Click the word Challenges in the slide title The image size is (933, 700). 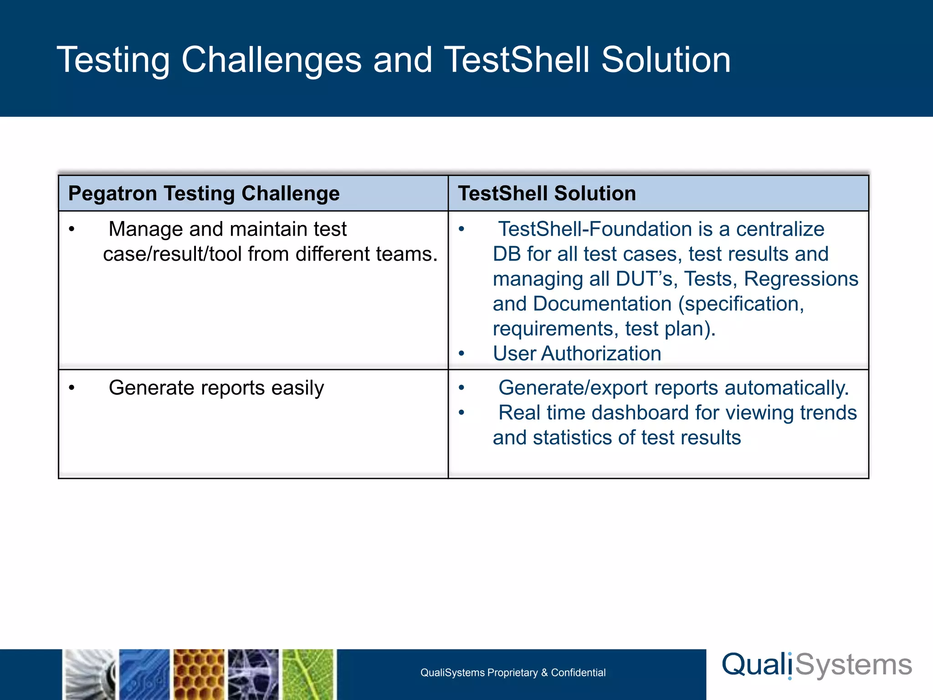(x=272, y=60)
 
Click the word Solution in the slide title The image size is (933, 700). (x=666, y=60)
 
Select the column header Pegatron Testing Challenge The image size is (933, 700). (x=204, y=193)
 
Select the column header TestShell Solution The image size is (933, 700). (x=547, y=193)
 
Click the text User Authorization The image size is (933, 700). (x=577, y=354)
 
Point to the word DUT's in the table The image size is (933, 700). (x=644, y=279)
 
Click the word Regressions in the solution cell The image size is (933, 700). (x=801, y=279)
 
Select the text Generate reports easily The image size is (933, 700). (x=216, y=388)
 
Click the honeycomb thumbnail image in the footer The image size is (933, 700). (x=199, y=674)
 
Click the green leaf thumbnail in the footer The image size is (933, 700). (x=308, y=674)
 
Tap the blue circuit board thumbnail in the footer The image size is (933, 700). (x=144, y=674)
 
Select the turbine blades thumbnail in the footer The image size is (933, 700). (x=89, y=674)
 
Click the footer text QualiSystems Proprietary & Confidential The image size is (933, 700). (x=513, y=673)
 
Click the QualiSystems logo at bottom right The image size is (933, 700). (x=816, y=665)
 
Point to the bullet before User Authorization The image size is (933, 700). (x=461, y=354)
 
